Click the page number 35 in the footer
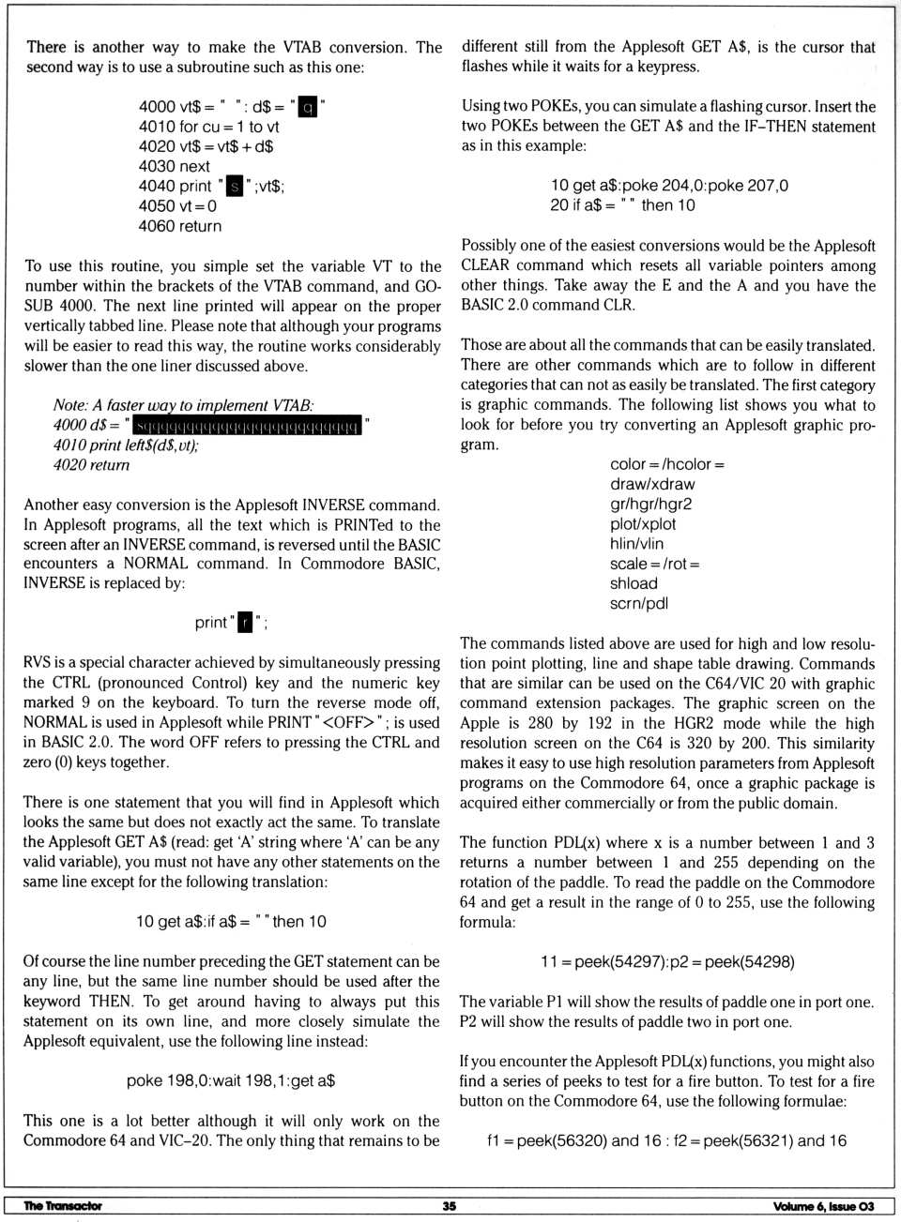[x=450, y=1206]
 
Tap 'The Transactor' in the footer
[x=63, y=1206]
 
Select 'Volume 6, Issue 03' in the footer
[x=823, y=1207]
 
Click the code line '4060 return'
[x=180, y=226]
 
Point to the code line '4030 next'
[x=175, y=166]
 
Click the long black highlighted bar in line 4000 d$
[x=248, y=426]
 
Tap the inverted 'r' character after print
[x=245, y=623]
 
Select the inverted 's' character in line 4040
[x=235, y=187]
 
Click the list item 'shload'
[x=634, y=583]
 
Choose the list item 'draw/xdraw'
[x=652, y=484]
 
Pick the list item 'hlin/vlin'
[x=636, y=544]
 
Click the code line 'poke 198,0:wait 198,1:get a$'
[x=231, y=1080]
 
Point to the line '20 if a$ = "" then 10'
[x=622, y=205]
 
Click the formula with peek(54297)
[x=667, y=962]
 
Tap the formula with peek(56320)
[x=666, y=1140]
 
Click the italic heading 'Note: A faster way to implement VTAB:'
[x=183, y=405]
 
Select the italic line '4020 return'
[x=91, y=465]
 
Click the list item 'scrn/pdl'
[x=639, y=603]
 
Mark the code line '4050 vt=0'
[x=177, y=206]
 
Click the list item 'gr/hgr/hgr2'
[x=651, y=504]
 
